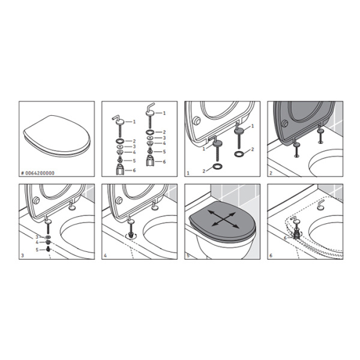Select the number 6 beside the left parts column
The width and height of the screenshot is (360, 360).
tap(134, 170)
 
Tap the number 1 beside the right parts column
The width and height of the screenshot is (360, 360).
tap(165, 113)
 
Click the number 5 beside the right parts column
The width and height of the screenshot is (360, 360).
tap(164, 152)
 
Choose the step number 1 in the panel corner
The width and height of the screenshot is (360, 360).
tap(188, 173)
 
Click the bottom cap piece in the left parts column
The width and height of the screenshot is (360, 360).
tap(121, 170)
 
